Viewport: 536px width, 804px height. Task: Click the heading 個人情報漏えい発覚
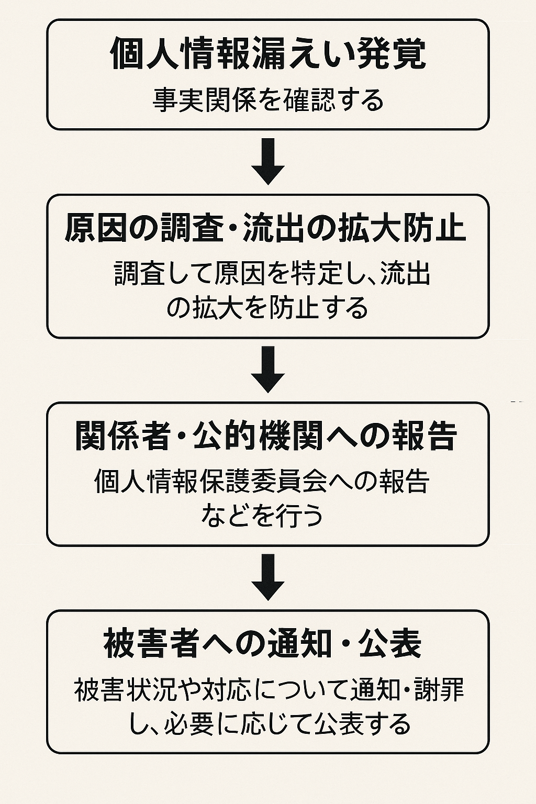[x=268, y=54]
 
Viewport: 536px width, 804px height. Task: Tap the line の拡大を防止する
[x=267, y=308]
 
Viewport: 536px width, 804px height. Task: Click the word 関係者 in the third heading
[x=122, y=436]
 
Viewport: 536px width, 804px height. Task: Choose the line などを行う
[x=262, y=516]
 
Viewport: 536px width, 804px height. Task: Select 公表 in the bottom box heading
[x=390, y=644]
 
